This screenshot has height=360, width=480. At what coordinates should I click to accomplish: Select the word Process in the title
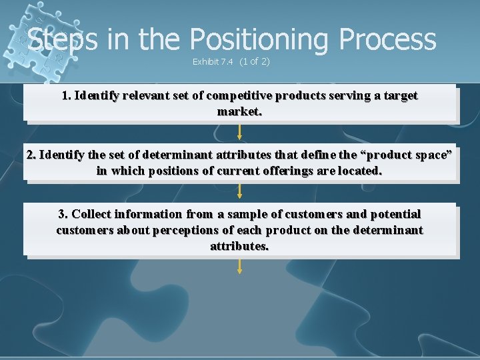click(387, 40)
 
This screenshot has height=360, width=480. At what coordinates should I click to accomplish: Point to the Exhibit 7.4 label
click(213, 62)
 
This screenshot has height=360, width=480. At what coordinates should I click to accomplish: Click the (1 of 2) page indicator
click(255, 62)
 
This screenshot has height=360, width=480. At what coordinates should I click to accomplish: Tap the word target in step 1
click(399, 95)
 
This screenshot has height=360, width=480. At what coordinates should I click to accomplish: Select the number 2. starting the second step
click(31, 155)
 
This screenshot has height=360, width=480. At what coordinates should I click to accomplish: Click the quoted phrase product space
click(408, 155)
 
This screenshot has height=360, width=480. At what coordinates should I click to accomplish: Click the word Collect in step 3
click(91, 214)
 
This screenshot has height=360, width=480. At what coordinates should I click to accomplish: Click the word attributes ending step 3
click(239, 246)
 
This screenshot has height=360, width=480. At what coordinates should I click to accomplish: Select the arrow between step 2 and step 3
click(240, 191)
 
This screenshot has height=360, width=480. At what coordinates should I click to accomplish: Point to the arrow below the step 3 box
click(240, 266)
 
